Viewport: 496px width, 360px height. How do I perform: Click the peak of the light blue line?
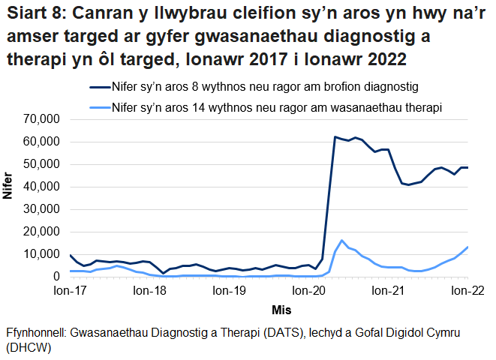pyautogui.click(x=342, y=241)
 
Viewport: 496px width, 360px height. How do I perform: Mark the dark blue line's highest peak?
pyautogui.click(x=335, y=137)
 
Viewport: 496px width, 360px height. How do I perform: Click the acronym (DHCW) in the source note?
pyautogui.click(x=27, y=349)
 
